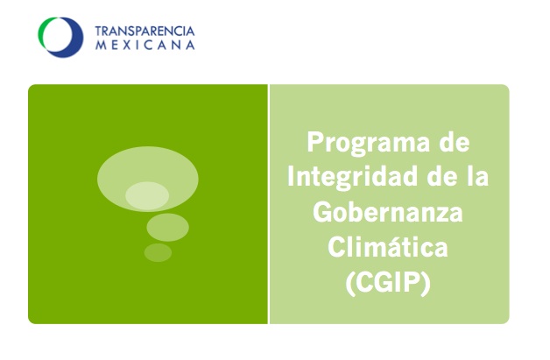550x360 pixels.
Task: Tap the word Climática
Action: (x=388, y=248)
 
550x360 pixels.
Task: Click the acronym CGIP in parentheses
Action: (x=388, y=283)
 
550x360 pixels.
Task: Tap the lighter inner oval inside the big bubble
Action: (x=147, y=195)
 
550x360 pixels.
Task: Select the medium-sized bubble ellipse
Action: (x=167, y=227)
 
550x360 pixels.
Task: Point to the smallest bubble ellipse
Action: (x=158, y=252)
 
